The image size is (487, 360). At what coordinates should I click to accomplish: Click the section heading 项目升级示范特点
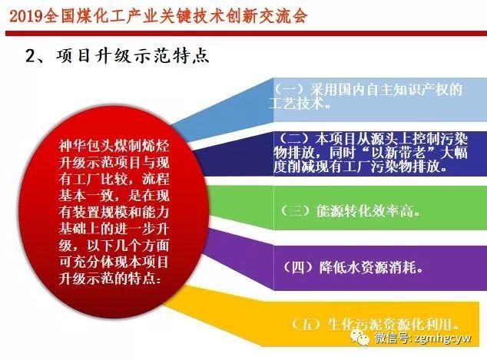coord(133,56)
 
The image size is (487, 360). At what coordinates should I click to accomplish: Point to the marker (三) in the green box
coord(296,211)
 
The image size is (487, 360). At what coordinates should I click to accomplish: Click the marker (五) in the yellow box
coord(306,324)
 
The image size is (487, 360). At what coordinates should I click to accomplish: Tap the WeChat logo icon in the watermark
coord(359,337)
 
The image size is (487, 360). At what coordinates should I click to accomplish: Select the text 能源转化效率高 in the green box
coord(366,211)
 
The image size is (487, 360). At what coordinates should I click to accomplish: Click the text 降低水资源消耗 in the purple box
coord(368,267)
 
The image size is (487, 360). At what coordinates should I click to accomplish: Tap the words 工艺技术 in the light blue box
coord(297,104)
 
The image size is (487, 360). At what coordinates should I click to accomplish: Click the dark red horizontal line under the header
coord(246,33)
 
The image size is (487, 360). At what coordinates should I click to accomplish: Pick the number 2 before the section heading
coord(31,57)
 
